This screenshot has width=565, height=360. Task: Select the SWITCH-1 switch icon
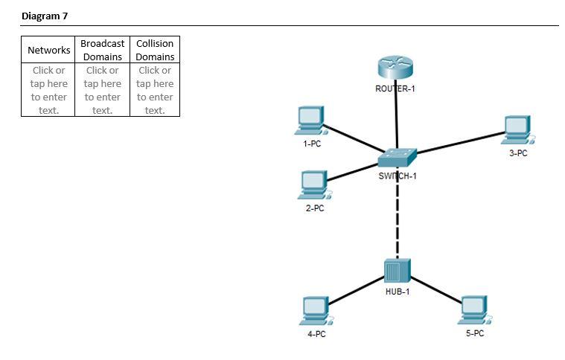click(397, 158)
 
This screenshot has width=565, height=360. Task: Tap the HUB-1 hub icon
click(397, 272)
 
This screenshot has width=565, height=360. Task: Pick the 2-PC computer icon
click(314, 185)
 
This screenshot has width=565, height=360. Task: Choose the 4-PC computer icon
click(316, 311)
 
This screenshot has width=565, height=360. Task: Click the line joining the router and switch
click(396, 115)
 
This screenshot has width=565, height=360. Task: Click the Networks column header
click(48, 50)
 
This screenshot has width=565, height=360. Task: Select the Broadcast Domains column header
click(102, 50)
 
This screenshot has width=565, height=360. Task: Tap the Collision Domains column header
click(155, 50)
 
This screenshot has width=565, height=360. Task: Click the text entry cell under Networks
click(48, 90)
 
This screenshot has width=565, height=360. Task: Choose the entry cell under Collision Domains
click(155, 90)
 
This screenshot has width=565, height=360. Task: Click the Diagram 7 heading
click(45, 16)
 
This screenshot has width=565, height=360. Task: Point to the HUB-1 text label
click(397, 292)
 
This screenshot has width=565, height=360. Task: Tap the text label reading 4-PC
click(316, 334)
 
